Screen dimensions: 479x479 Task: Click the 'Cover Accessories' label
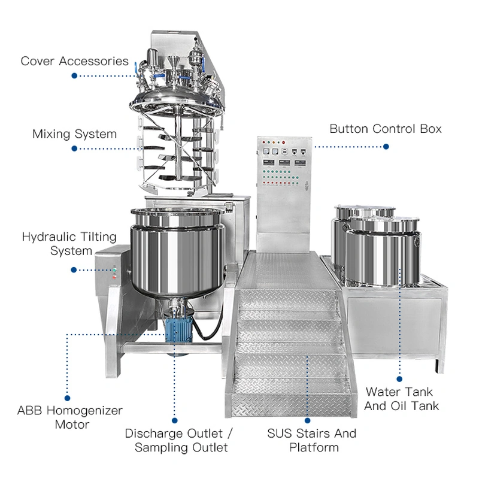tap(75, 61)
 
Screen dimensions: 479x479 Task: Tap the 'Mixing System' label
tap(75, 134)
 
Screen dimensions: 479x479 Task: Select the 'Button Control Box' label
tap(386, 129)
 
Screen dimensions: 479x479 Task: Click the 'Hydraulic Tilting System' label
tap(57, 243)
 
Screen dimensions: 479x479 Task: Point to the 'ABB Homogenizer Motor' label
tap(70, 417)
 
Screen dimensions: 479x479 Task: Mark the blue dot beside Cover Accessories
tap(75, 76)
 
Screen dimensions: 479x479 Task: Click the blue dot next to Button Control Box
tap(386, 146)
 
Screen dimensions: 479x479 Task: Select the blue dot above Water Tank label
tap(399, 378)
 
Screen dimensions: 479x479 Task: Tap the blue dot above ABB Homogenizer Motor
tap(68, 397)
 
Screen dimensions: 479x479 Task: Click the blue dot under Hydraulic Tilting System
tap(74, 270)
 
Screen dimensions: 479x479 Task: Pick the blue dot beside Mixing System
tap(75, 148)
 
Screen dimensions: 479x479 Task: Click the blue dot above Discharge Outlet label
tap(175, 420)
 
